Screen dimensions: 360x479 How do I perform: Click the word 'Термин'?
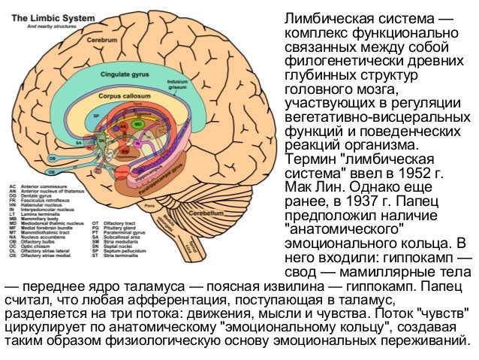tap(306, 159)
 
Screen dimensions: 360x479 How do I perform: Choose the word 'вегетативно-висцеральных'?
tap(374, 118)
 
